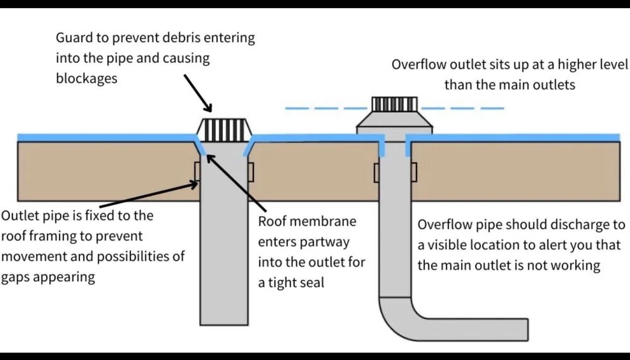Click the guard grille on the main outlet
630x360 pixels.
click(226, 130)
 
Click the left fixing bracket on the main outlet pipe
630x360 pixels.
click(197, 171)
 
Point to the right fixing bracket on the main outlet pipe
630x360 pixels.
click(252, 171)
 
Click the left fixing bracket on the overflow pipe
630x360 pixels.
click(377, 171)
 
